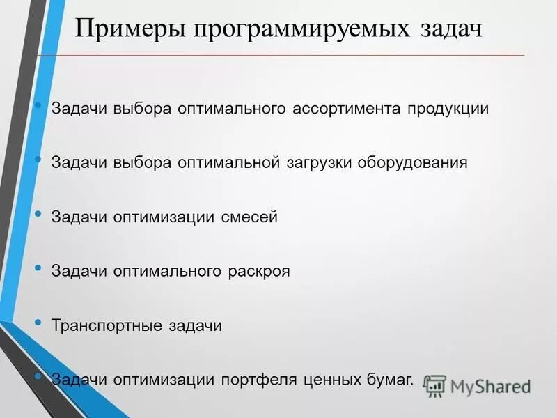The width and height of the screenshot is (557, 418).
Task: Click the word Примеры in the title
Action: pos(126,31)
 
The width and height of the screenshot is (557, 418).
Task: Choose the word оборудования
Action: pos(413,162)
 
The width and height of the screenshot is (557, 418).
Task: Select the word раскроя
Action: pos(259,271)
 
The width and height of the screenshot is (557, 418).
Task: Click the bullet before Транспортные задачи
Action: pos(38,322)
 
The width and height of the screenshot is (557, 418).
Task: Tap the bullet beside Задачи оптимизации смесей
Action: pos(38,213)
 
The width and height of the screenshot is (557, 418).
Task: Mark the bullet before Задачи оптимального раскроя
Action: pos(38,268)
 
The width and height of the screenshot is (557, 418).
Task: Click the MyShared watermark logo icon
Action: pos(435,385)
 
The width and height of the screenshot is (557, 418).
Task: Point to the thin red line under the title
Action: pos(278,55)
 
